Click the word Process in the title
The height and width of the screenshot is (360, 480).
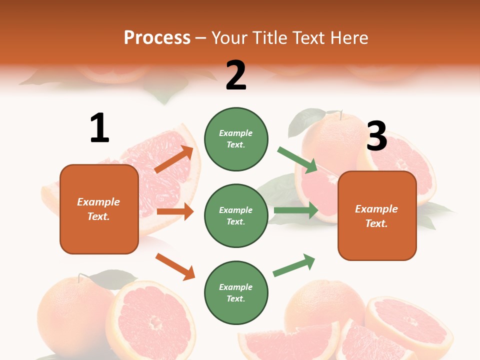point(157,38)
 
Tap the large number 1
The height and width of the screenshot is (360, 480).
point(99,128)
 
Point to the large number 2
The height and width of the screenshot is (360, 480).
point(236,75)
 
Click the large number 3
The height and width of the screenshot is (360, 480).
point(376,136)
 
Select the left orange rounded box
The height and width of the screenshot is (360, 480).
point(99,209)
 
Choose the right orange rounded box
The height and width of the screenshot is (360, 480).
point(377,215)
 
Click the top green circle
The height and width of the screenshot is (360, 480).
point(236,139)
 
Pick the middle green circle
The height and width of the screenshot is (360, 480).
point(236,215)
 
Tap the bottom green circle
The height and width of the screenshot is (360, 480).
point(236,292)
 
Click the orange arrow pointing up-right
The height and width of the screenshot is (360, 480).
point(174,159)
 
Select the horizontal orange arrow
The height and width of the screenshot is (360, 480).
point(175,211)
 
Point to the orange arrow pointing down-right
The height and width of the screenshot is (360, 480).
point(175,266)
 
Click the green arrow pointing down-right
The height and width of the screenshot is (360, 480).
point(298,160)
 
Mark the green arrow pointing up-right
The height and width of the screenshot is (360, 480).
point(294,265)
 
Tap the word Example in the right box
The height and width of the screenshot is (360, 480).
point(376,209)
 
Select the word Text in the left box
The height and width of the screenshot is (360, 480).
point(98,216)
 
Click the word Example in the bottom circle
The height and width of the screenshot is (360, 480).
point(236,287)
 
